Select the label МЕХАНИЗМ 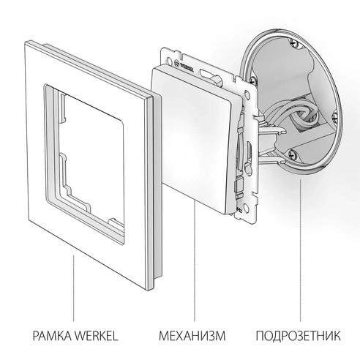pyautogui.click(x=193, y=337)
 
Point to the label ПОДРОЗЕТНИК pyautogui.click(x=299, y=337)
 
